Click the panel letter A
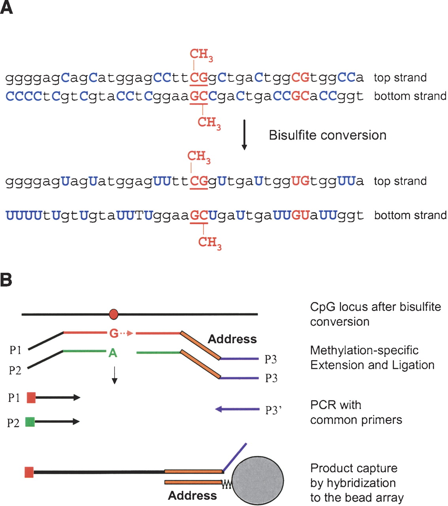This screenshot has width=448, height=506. point(6,7)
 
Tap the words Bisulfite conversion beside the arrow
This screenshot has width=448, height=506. point(328,135)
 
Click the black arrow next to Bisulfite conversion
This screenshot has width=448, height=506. point(244,135)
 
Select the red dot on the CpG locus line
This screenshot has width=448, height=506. point(114,314)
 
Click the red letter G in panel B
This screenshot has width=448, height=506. point(114,333)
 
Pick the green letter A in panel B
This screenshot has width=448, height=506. point(113,353)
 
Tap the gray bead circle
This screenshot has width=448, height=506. point(258,481)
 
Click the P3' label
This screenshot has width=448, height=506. point(273,410)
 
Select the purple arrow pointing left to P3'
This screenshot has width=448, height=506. point(237,409)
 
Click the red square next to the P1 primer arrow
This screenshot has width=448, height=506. point(31,397)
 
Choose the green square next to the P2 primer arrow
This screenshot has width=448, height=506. point(30,422)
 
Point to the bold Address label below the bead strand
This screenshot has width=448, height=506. point(192,495)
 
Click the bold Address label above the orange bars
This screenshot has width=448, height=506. point(232,339)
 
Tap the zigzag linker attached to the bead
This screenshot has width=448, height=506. point(227,485)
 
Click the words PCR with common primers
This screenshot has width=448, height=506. point(356,412)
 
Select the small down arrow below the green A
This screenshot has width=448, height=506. point(114,375)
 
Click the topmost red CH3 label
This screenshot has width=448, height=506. point(201,55)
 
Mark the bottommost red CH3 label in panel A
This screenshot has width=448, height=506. point(210,243)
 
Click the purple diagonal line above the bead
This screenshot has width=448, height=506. point(235,457)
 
